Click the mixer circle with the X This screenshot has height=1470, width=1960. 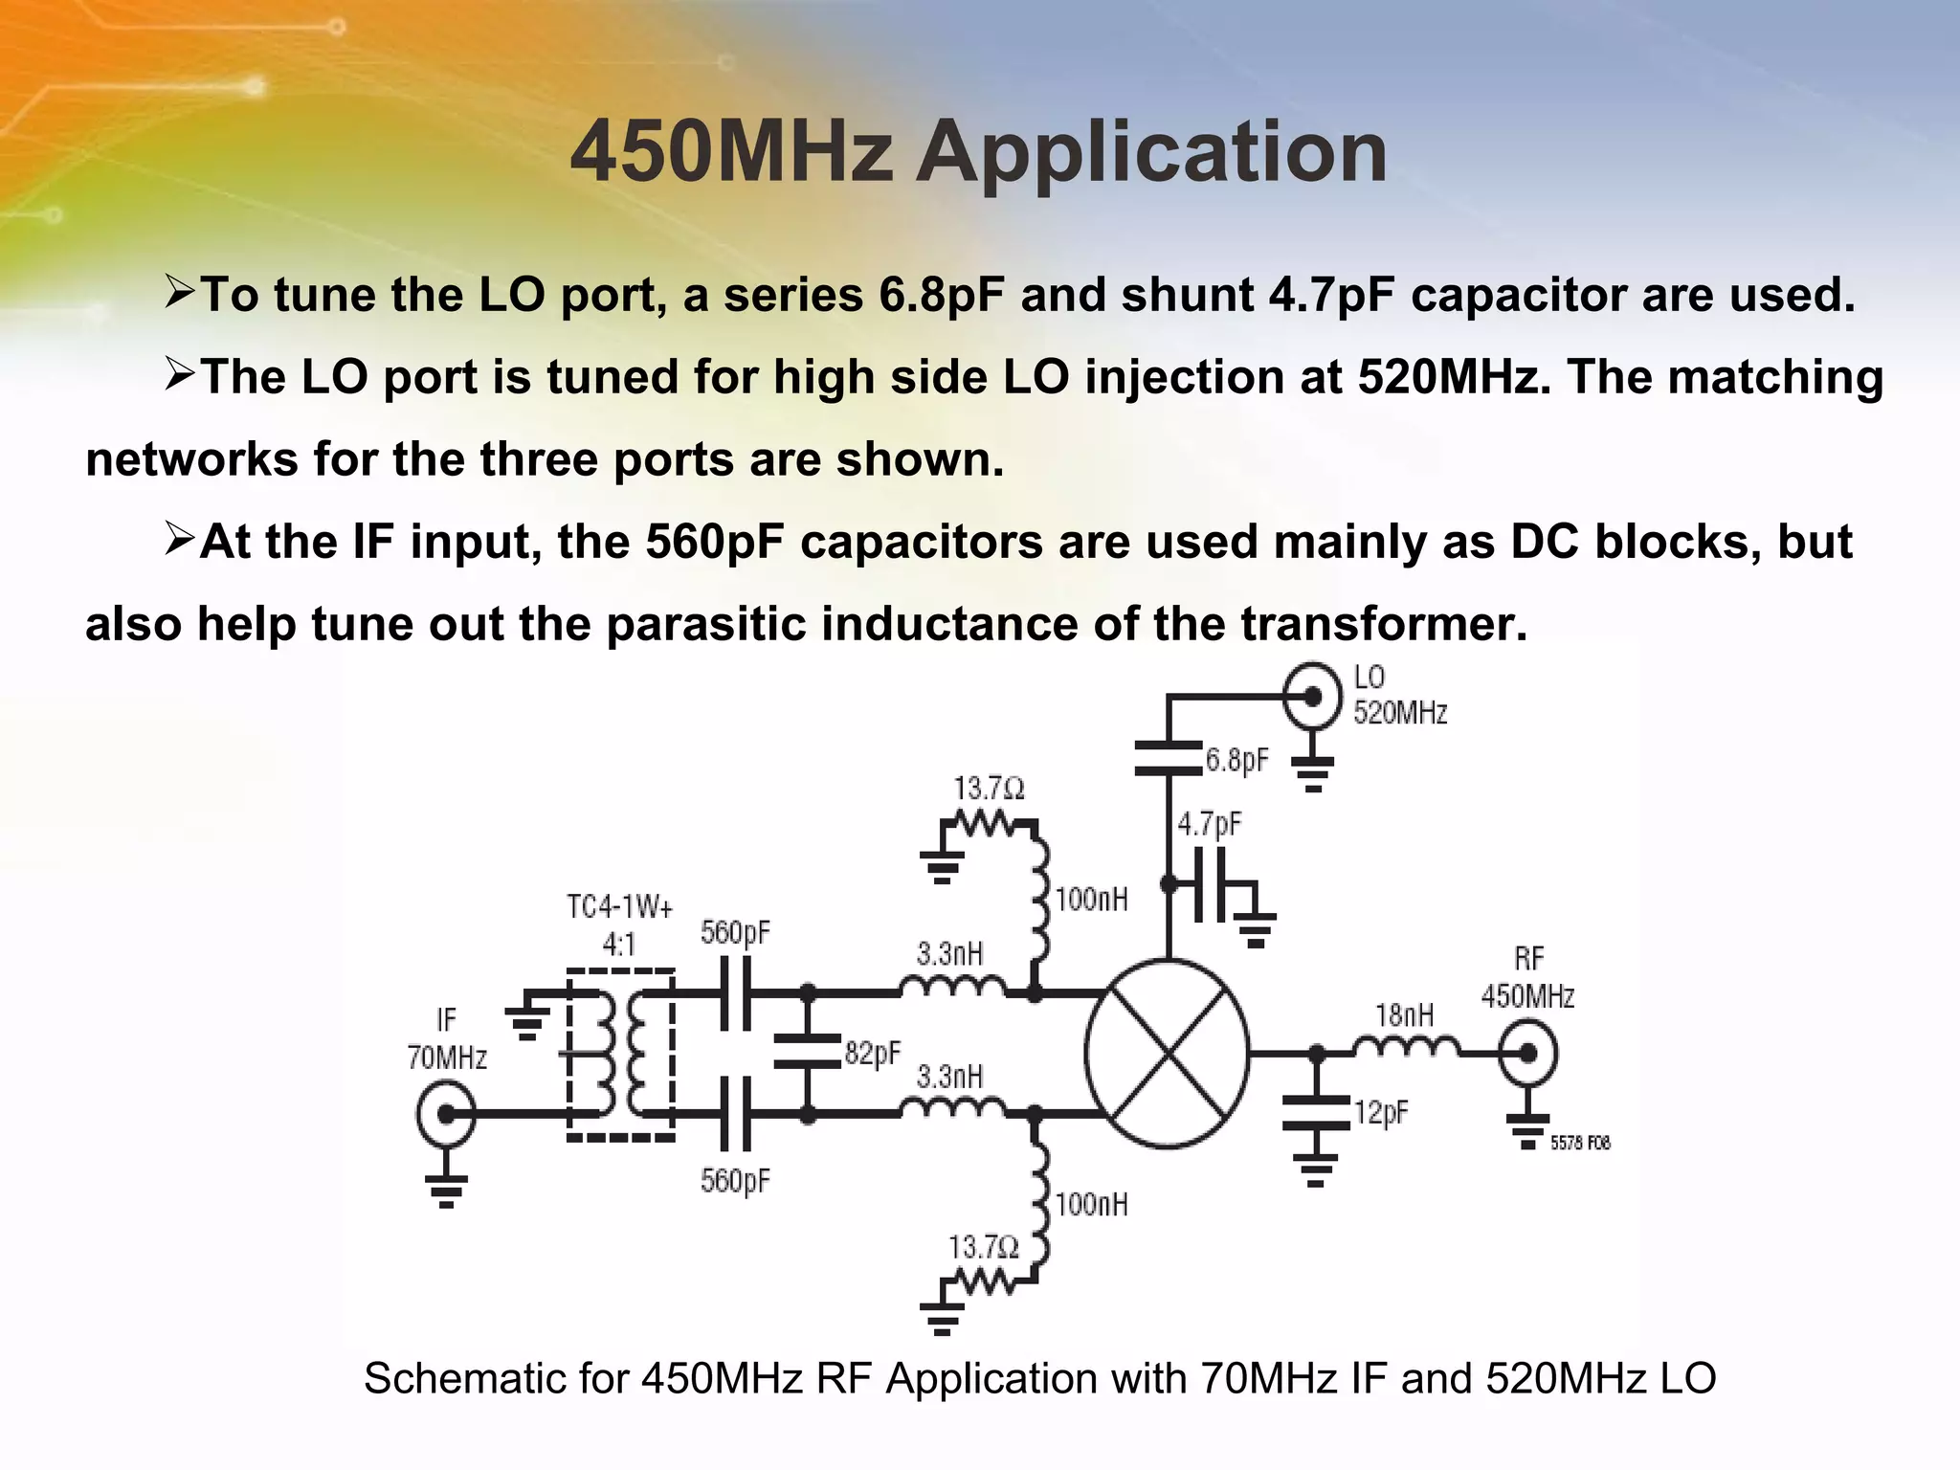click(1167, 1053)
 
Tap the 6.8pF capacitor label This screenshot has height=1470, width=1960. click(1236, 760)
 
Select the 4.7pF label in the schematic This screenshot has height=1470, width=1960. click(1210, 824)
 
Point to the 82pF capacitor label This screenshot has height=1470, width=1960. click(873, 1053)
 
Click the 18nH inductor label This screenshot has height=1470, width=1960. click(1404, 1014)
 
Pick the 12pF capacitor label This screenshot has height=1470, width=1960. click(1381, 1112)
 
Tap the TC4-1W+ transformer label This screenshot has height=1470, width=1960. click(619, 906)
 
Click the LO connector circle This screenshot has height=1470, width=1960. click(1312, 696)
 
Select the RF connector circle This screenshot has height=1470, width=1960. click(1528, 1053)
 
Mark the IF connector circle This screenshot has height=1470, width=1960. click(446, 1114)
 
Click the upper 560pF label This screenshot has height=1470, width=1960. click(735, 932)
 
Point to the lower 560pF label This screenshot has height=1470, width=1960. click(735, 1181)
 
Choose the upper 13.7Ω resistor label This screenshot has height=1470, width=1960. click(989, 789)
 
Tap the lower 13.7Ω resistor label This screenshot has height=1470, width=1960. click(984, 1247)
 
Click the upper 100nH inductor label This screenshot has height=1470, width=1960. click(1091, 900)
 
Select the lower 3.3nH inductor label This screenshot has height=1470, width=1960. click(949, 1077)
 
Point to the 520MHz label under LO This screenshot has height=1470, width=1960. click(1400, 713)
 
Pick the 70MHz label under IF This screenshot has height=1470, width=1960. click(447, 1058)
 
